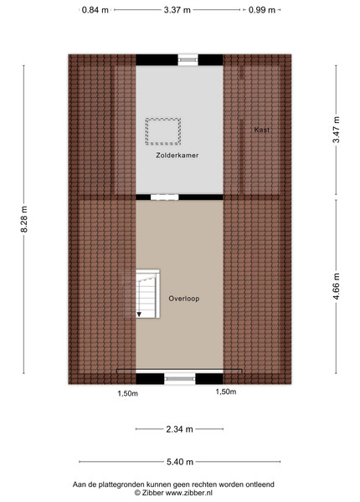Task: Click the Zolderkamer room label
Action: coord(177,156)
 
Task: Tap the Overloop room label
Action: coord(184,299)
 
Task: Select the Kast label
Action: coord(262,130)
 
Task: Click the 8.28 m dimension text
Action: coord(24,219)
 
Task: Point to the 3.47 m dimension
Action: coord(336,130)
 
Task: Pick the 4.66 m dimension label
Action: coord(336,286)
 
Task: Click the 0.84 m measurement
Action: coord(95,10)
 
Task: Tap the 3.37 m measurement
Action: coord(177,10)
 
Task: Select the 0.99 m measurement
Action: coord(262,10)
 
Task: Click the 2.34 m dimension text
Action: coord(179,429)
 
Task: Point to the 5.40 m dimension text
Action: coord(180,462)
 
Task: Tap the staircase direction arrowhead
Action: coord(139,315)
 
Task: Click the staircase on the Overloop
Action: coord(147,294)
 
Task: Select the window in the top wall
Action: coord(188,59)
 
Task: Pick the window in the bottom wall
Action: coord(180,379)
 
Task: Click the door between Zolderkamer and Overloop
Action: coord(165,197)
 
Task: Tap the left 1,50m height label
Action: coord(127,393)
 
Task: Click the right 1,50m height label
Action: coord(226,392)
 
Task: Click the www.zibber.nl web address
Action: coord(188,493)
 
